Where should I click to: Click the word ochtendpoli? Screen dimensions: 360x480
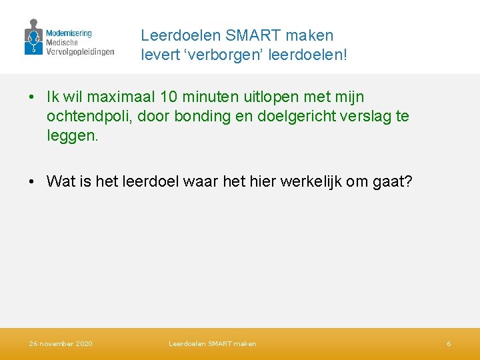85,117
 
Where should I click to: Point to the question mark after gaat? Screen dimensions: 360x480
409,181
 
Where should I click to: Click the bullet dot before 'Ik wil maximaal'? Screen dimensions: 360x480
32,98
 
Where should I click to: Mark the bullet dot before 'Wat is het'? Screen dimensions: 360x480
32,181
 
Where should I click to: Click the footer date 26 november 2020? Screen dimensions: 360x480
61,344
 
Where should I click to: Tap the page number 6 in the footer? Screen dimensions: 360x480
449,344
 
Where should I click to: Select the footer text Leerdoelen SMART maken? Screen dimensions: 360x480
212,344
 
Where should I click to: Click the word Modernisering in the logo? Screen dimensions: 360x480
69,33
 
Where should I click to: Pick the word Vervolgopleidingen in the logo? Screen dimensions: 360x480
80,51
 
